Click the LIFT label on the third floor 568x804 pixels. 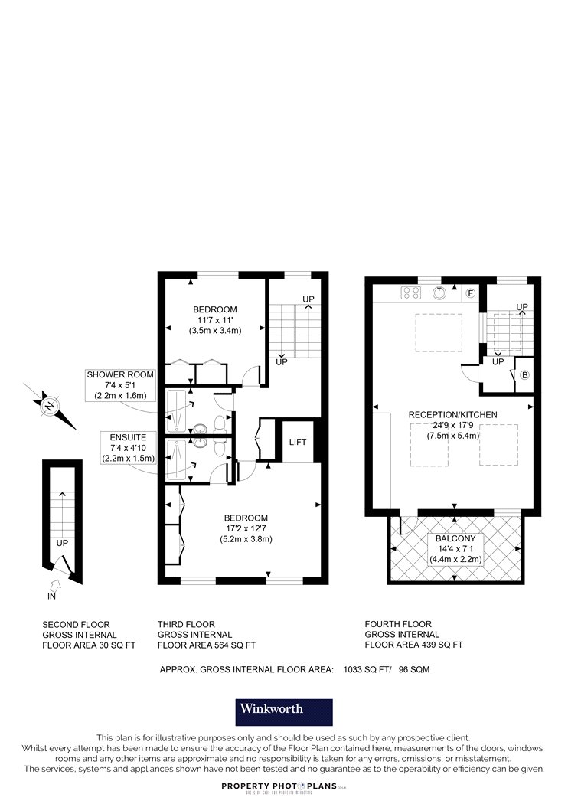(297, 442)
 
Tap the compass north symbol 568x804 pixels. (50, 406)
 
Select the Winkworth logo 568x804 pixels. (284, 712)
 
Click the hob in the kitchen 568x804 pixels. (411, 293)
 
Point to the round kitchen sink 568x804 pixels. (440, 293)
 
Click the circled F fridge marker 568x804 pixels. (470, 293)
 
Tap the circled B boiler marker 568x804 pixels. (524, 375)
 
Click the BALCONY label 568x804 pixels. (455, 538)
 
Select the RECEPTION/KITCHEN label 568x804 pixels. (452, 415)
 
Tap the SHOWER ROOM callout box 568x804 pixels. (120, 385)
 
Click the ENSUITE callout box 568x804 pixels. (128, 448)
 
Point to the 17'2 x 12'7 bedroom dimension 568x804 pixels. (246, 528)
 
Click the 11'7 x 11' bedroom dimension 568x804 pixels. (215, 320)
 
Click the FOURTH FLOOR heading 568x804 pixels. (398, 624)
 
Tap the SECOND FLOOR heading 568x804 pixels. (76, 625)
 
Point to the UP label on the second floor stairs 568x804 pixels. (62, 543)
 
